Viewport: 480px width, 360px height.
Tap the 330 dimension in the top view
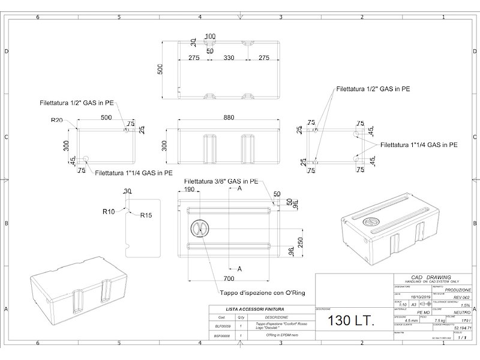[229, 58]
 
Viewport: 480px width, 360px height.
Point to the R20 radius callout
[57, 120]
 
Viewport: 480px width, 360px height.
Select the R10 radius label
[109, 211]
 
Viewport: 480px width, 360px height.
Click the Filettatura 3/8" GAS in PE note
[221, 181]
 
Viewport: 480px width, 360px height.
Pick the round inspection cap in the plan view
[199, 228]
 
